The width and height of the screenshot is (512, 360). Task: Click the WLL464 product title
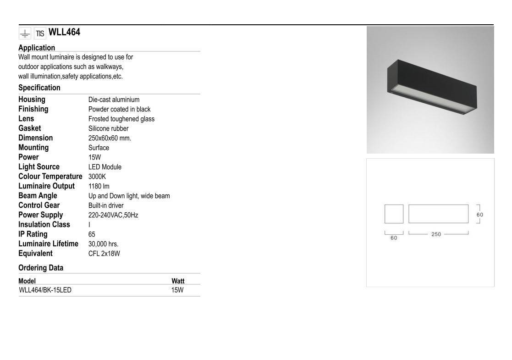(x=64, y=32)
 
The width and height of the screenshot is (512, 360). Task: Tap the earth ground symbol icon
(x=25, y=33)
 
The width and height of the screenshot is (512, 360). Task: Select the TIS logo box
(x=40, y=33)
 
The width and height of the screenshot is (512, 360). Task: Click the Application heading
(x=37, y=48)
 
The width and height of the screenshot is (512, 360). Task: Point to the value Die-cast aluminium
(x=114, y=100)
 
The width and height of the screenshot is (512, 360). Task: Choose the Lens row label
(x=26, y=119)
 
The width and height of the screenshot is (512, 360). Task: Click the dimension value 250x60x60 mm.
(x=110, y=138)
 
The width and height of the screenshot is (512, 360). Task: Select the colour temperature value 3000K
(x=97, y=177)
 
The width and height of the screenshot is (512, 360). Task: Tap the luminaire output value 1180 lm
(x=99, y=186)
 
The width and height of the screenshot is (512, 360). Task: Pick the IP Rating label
(x=33, y=234)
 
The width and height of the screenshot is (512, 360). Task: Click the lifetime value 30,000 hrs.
(x=103, y=244)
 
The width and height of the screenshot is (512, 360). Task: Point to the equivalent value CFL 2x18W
(x=104, y=254)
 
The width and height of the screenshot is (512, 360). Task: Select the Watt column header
(x=178, y=281)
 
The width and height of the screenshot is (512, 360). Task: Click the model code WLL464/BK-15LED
(x=45, y=290)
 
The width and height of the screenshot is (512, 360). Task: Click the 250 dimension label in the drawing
(x=436, y=234)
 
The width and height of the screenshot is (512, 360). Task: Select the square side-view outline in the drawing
(x=394, y=214)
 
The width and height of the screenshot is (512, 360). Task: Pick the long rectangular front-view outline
(x=438, y=214)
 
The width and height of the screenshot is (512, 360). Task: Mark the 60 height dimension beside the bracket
(x=480, y=215)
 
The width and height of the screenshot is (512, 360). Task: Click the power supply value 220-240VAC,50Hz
(x=113, y=215)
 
